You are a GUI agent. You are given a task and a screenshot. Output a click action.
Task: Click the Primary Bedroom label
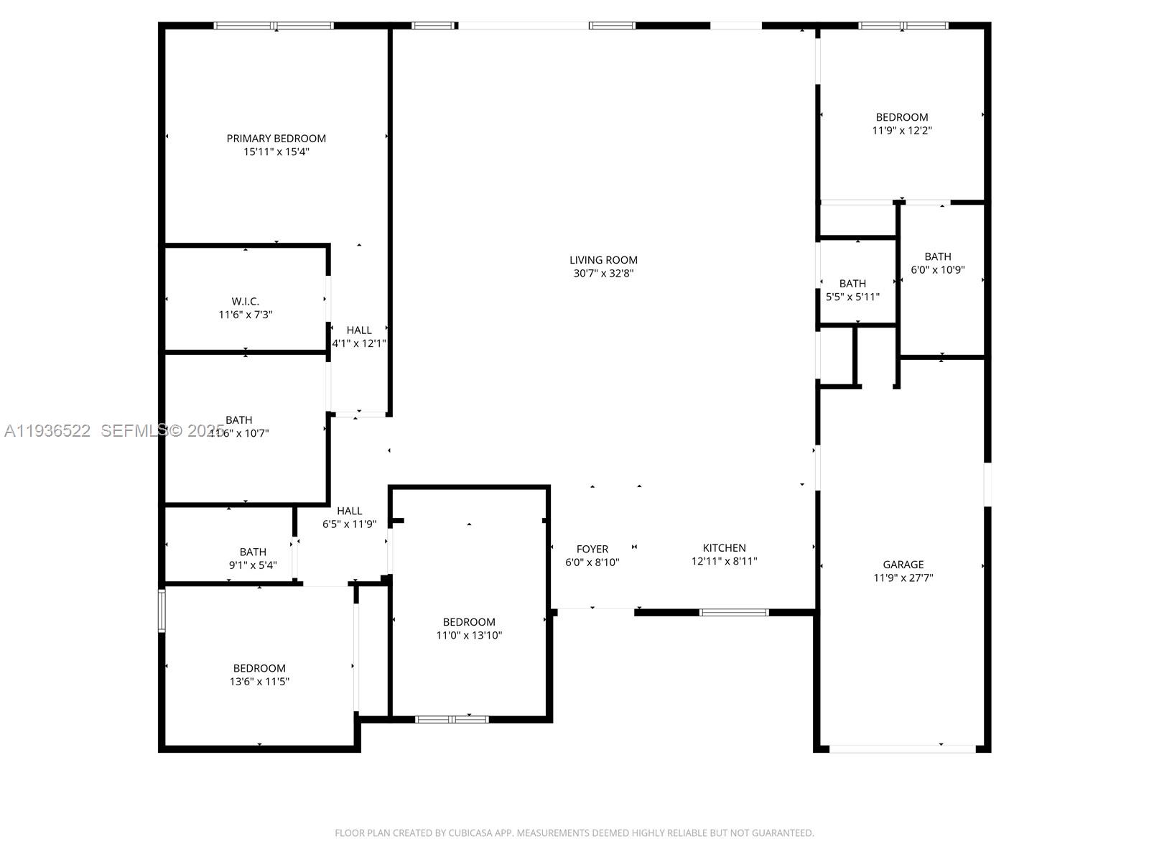click(276, 138)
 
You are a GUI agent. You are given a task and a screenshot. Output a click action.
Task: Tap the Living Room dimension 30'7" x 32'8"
click(603, 274)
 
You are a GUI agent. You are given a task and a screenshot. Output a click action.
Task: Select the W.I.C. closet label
click(245, 301)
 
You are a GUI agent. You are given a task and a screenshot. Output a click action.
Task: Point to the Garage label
click(903, 564)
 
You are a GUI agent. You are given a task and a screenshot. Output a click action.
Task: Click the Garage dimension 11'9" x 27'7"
click(903, 578)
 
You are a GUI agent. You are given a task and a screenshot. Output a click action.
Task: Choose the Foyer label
click(592, 549)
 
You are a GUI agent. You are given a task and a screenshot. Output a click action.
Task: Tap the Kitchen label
click(724, 547)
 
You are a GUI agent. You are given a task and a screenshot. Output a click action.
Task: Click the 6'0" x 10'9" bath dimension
click(937, 270)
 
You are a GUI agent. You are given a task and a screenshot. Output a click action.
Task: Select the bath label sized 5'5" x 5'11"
click(852, 283)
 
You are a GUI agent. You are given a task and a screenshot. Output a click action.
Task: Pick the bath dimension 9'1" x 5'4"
click(252, 565)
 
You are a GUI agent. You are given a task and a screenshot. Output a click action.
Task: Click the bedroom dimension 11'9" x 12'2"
click(902, 131)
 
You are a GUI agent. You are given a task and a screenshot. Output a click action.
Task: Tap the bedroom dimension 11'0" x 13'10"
click(469, 635)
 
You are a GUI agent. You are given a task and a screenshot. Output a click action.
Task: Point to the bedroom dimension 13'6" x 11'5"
click(259, 682)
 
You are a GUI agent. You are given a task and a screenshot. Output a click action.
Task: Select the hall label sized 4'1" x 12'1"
click(359, 330)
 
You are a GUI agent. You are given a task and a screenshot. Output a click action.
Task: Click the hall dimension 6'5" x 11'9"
click(349, 524)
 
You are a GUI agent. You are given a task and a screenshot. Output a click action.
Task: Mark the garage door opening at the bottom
click(903, 749)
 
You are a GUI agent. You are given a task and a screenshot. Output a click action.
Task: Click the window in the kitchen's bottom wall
click(734, 613)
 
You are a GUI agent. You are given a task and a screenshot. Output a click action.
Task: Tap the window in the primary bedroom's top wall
click(274, 26)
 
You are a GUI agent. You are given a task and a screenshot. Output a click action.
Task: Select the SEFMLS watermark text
click(134, 431)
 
